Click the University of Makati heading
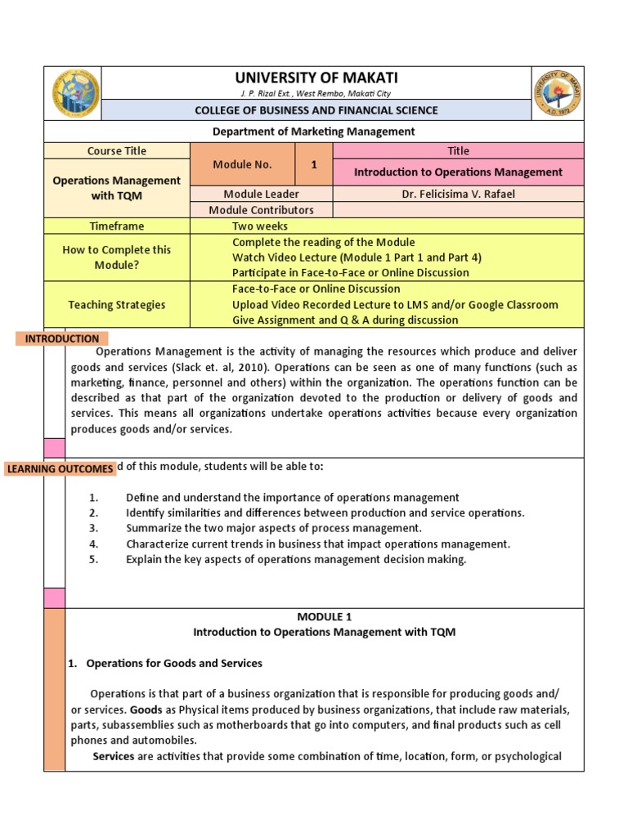(x=316, y=78)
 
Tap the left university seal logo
(x=76, y=93)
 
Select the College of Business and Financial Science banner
(x=316, y=110)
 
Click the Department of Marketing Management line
(x=314, y=131)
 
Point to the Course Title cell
(x=117, y=150)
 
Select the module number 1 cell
(x=313, y=164)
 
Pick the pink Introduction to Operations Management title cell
(x=458, y=172)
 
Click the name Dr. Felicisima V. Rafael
(x=458, y=194)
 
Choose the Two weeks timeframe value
(x=260, y=226)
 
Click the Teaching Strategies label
(x=117, y=305)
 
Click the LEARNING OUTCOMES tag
(x=60, y=468)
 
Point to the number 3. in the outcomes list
(x=93, y=528)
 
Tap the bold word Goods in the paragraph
(x=145, y=709)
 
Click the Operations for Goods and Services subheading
(x=173, y=663)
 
